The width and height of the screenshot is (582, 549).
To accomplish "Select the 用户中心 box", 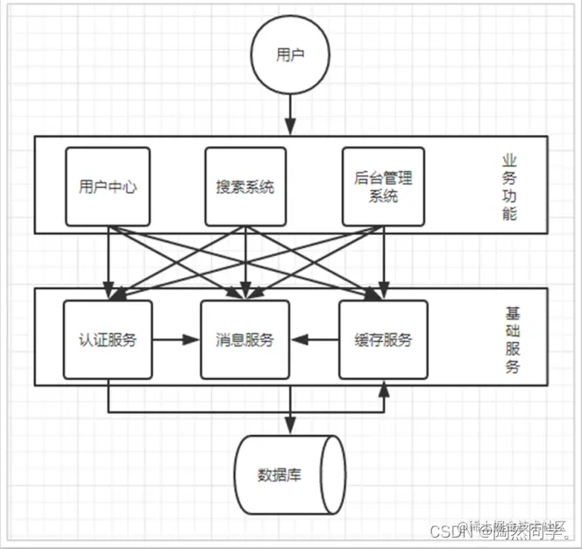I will click(x=108, y=186).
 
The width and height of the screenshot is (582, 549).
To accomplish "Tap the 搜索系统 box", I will click(x=245, y=186).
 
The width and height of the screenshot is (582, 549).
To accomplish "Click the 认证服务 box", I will click(x=108, y=339).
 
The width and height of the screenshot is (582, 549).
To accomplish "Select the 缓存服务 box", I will click(x=383, y=339).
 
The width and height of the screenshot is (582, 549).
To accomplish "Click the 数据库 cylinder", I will click(x=289, y=475).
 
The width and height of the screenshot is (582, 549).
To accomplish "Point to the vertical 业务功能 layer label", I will click(x=509, y=186).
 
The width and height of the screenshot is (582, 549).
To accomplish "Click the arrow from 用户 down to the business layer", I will click(x=290, y=112).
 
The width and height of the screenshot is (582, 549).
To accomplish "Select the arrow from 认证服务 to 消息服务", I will click(x=175, y=339).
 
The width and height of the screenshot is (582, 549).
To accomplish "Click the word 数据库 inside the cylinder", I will click(x=280, y=476).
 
